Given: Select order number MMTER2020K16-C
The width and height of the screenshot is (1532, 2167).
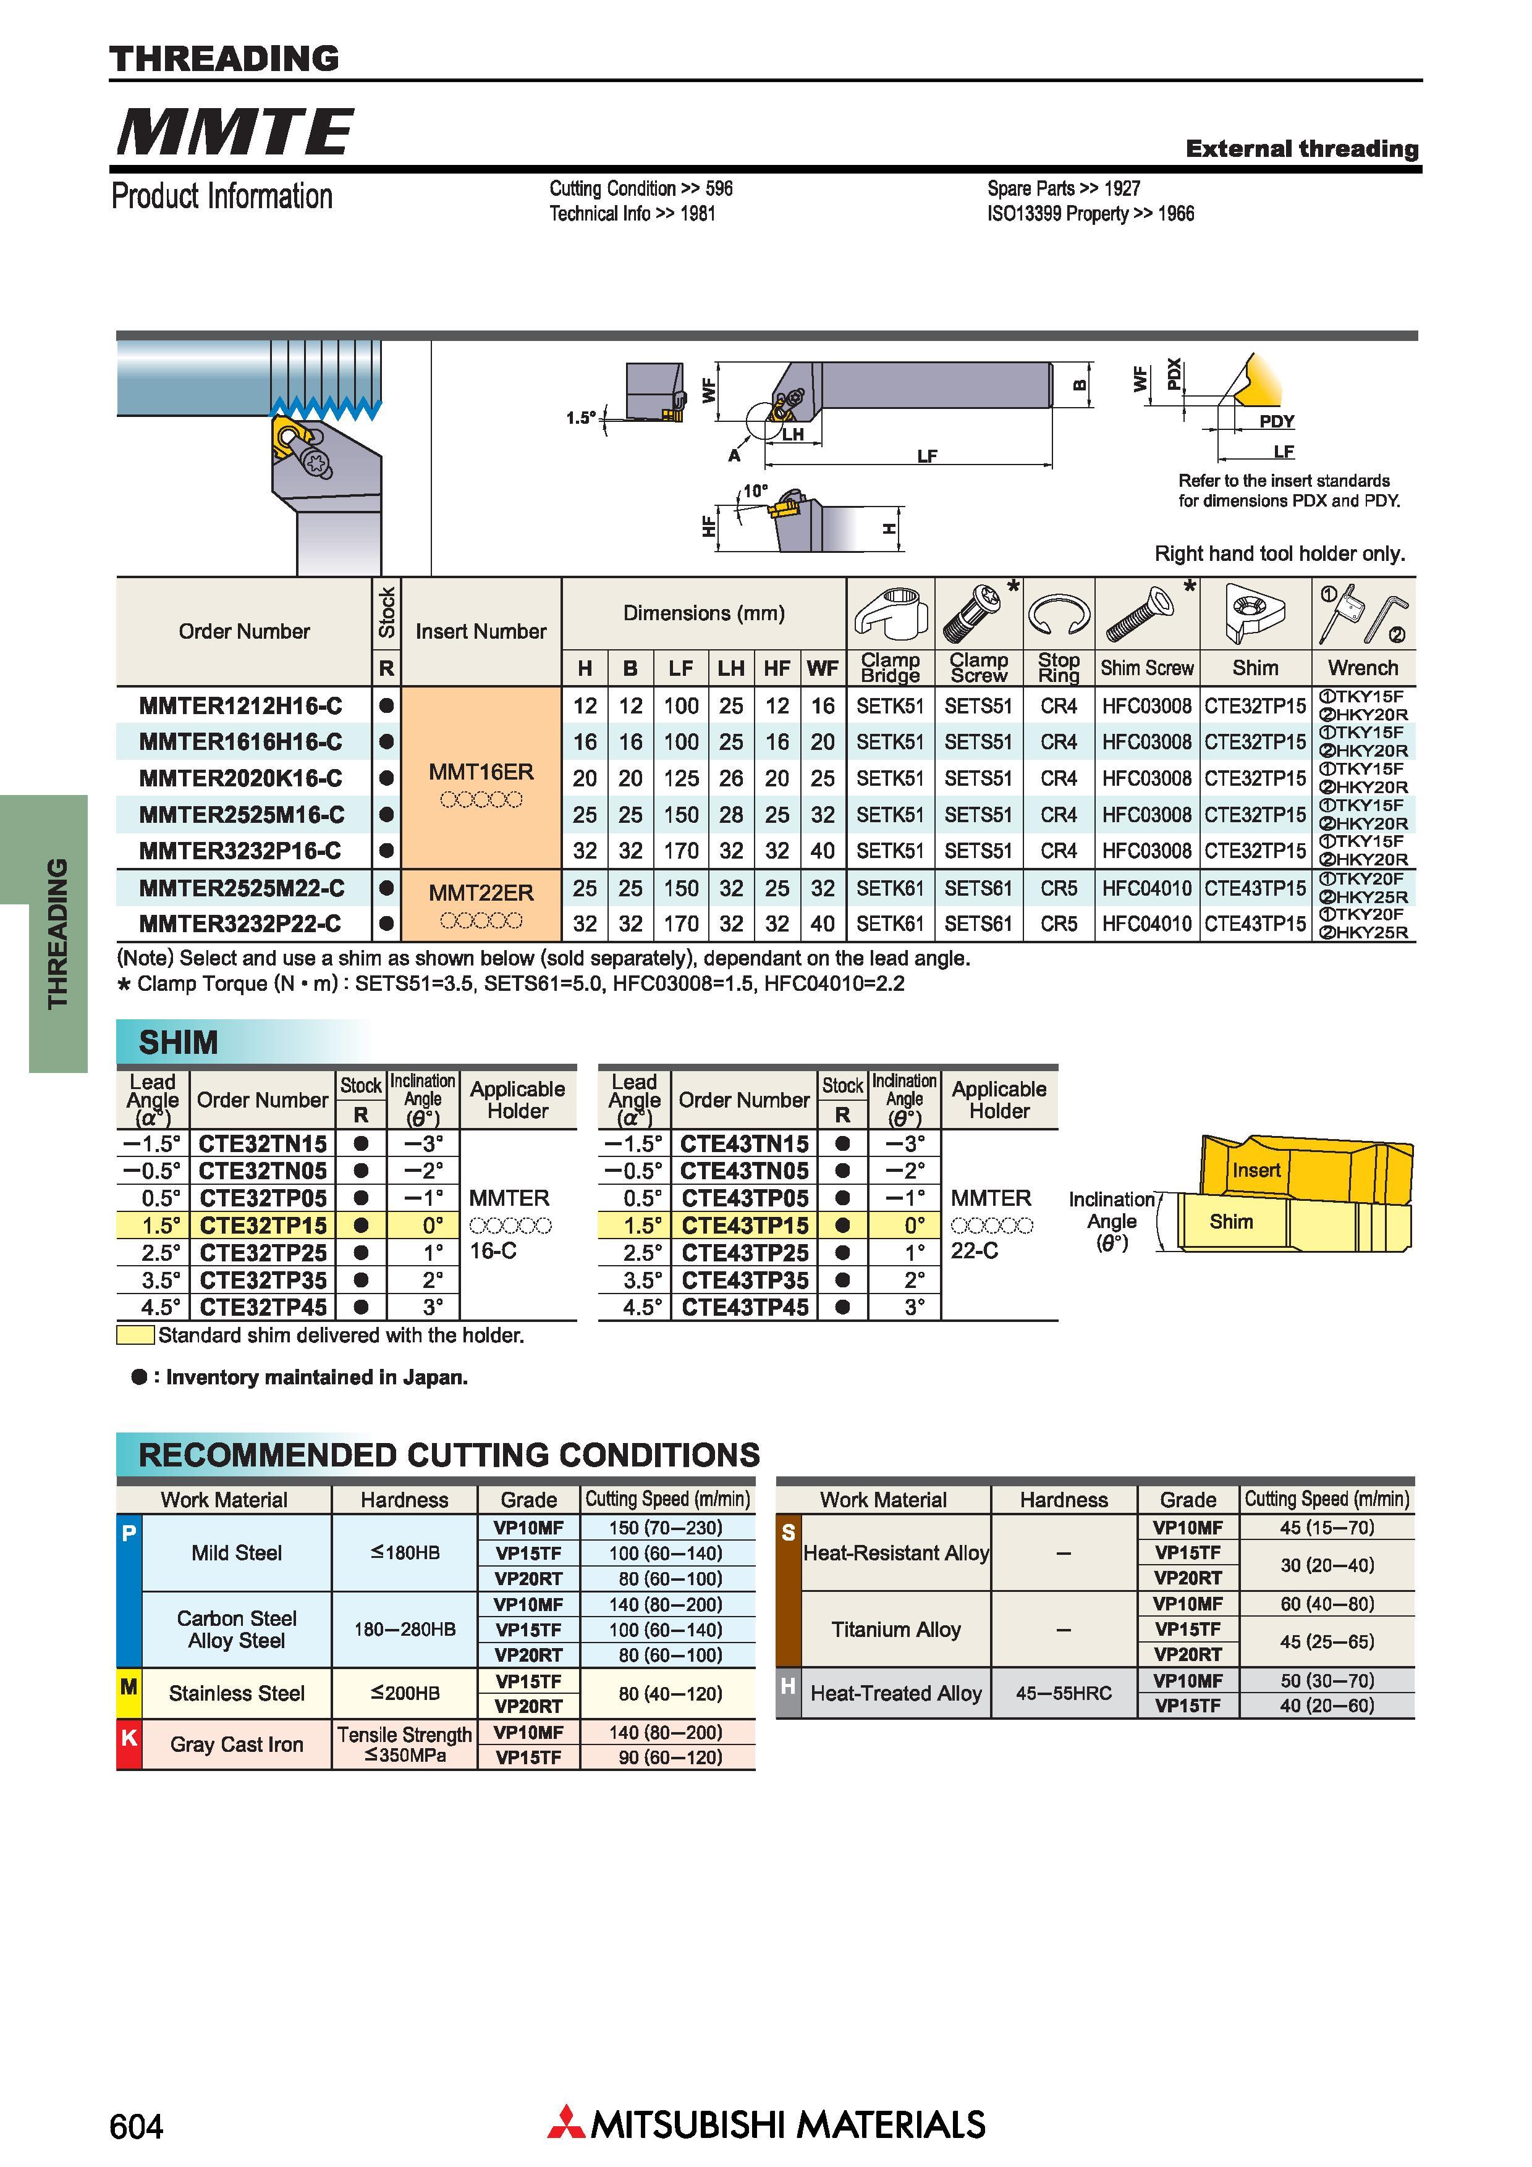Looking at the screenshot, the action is tap(240, 778).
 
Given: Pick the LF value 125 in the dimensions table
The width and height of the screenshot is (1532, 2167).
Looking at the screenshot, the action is tap(680, 778).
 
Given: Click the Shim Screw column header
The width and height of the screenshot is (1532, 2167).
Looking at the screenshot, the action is tap(1147, 668).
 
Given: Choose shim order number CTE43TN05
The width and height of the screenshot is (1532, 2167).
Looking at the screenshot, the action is tap(745, 1171).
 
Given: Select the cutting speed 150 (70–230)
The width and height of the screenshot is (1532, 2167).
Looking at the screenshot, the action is tap(666, 1527).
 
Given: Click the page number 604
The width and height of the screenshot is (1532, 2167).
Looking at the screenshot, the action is tap(136, 2126).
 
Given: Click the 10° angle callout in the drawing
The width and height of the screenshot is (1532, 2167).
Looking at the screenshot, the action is tap(755, 490).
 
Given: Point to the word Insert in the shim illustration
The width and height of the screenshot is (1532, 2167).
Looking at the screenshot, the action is tap(1256, 1171).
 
